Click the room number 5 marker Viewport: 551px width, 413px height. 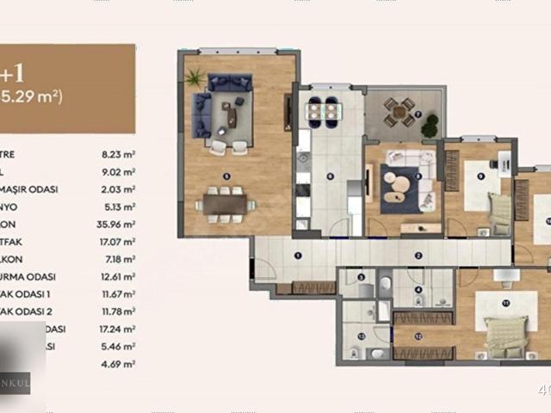226,176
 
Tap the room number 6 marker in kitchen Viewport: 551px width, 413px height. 330,176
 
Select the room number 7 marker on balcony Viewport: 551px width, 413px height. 418,113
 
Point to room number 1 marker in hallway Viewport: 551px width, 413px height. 297,256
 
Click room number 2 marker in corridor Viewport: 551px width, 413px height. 418,256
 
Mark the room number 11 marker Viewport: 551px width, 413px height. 506,303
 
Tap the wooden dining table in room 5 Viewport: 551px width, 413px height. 225,203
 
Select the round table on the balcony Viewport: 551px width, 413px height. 398,109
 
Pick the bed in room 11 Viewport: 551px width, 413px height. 505,335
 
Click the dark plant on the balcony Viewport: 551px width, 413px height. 429,126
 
